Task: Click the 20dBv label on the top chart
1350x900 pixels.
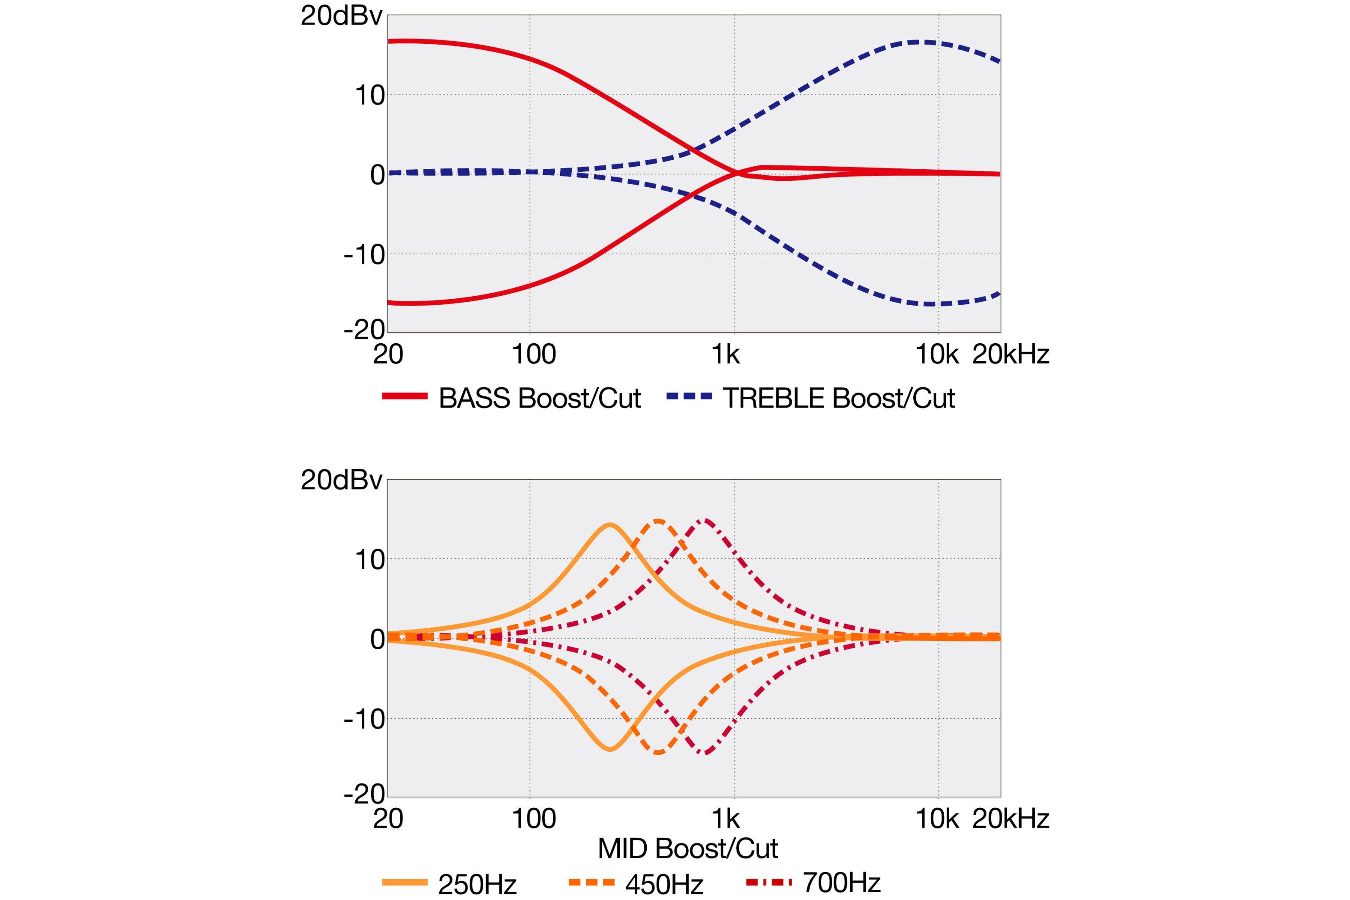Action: (341, 16)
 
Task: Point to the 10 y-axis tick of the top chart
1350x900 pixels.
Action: (369, 95)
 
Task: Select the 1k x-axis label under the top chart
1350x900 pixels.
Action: (726, 355)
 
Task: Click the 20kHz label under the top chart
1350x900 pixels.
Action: (1010, 355)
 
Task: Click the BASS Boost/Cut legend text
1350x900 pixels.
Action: (540, 398)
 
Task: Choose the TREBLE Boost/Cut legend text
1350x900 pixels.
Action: (839, 398)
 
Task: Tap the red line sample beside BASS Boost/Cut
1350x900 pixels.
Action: (405, 396)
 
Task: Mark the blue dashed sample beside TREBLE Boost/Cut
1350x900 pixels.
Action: (689, 396)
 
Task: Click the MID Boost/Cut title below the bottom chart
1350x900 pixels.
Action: (687, 848)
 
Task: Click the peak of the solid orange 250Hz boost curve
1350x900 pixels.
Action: (609, 524)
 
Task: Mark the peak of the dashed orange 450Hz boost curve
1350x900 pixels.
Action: (658, 521)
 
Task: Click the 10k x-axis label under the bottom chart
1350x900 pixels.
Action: (937, 819)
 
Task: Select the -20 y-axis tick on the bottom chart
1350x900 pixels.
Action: (364, 795)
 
